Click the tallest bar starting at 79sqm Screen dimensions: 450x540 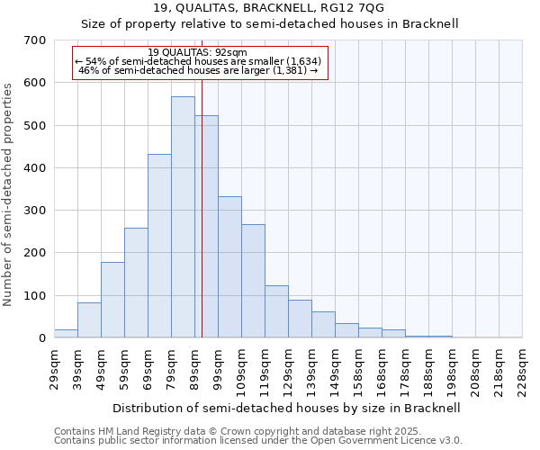tap(183, 217)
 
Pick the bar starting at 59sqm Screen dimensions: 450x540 tap(136, 283)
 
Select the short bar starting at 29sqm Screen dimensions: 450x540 tap(66, 334)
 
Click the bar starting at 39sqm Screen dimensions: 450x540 tap(89, 320)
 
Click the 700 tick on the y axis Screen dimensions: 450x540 tap(35, 40)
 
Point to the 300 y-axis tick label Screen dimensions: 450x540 tap(35, 211)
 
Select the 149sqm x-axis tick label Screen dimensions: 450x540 tap(335, 370)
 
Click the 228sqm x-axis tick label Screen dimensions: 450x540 tap(522, 370)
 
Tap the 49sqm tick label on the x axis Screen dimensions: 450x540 tap(101, 370)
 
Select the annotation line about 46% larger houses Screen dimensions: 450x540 tap(198, 70)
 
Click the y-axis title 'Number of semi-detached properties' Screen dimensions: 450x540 tap(9, 193)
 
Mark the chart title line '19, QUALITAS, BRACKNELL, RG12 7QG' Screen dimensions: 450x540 tap(269, 8)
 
